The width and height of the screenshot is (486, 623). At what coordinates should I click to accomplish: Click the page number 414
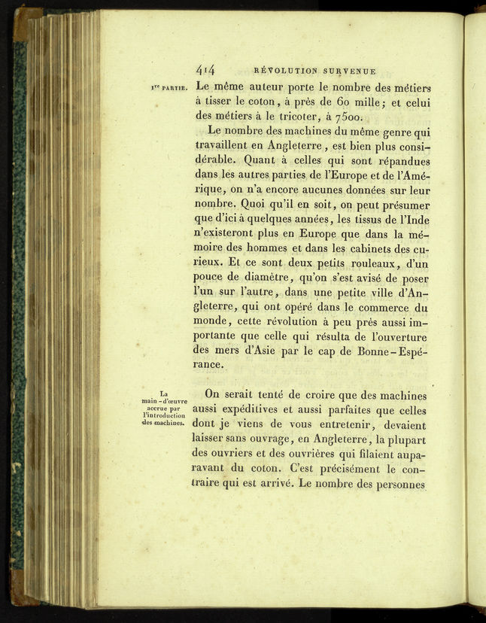[205, 70]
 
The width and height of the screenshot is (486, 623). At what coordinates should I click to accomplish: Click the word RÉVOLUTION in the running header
[287, 71]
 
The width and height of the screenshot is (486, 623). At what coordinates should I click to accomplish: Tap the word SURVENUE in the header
[349, 71]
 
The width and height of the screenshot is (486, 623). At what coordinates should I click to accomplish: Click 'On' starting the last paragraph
[214, 395]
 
